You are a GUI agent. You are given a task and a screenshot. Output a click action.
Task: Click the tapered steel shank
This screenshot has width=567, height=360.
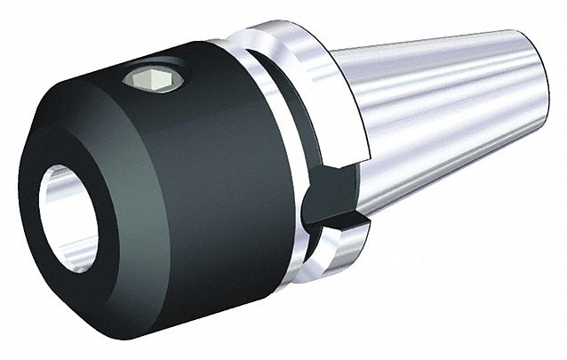coord(444,116)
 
